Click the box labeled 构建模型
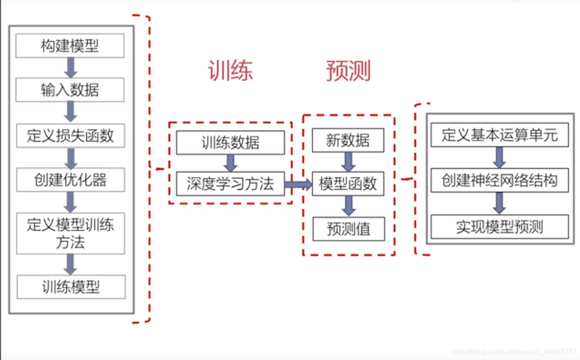(x=70, y=46)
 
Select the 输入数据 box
(x=70, y=90)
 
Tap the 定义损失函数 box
(x=70, y=135)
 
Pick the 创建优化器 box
(x=71, y=180)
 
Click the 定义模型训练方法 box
(x=71, y=233)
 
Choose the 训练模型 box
(x=71, y=287)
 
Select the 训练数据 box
(x=230, y=142)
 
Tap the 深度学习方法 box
(x=230, y=184)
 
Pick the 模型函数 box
(x=348, y=184)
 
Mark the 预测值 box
(x=348, y=229)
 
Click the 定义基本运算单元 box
(x=499, y=135)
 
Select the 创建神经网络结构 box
(x=499, y=180)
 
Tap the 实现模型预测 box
(x=499, y=227)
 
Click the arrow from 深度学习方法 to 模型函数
(x=298, y=185)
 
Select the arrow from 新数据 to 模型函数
(x=348, y=161)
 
